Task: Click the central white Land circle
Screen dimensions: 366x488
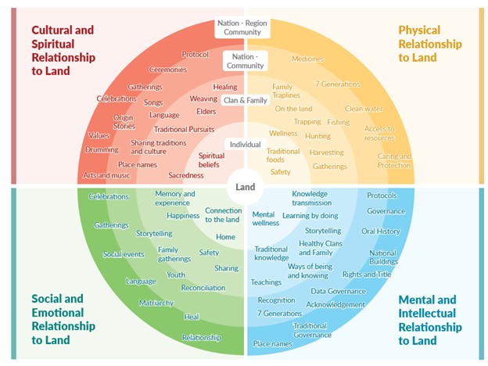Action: tap(246, 188)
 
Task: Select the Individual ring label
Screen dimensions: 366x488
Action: tap(245, 145)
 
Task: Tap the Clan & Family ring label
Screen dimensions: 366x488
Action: tap(246, 101)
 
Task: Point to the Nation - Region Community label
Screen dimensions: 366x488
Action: tap(246, 28)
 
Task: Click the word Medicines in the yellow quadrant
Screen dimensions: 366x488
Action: tap(307, 59)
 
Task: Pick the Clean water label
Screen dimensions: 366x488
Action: tap(364, 109)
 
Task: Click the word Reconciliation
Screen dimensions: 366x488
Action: tap(203, 288)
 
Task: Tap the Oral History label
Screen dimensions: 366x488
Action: tap(381, 231)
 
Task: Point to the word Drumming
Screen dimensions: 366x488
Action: tap(102, 150)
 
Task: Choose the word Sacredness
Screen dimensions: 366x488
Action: tap(186, 176)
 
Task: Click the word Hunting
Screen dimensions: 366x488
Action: tap(318, 136)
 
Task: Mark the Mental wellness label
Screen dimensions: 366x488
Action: tap(266, 218)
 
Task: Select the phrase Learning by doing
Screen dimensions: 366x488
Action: tap(310, 216)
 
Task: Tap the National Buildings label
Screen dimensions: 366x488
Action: tap(383, 258)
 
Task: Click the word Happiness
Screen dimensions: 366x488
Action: tap(183, 216)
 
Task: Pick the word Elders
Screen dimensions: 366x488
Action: tap(206, 112)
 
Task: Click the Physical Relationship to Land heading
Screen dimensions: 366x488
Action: tap(429, 44)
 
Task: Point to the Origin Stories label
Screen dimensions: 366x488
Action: tap(124, 121)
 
